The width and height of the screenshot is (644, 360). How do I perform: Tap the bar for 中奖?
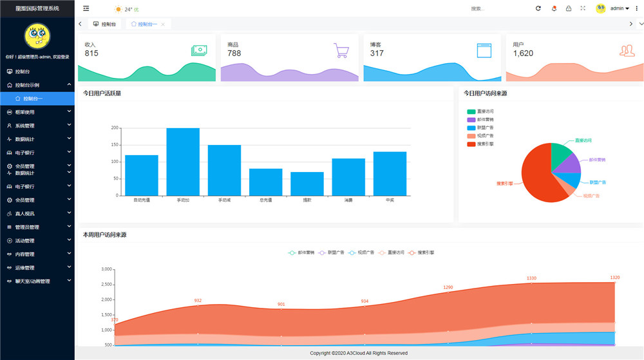coord(390,173)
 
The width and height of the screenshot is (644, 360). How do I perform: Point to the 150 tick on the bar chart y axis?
coord(115,145)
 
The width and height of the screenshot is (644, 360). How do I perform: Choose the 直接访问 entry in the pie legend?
coord(480,111)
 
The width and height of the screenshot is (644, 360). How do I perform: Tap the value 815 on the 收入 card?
coord(91,53)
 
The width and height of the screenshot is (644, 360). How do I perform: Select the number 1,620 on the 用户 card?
coord(523,53)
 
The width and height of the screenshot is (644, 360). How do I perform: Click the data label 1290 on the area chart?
coord(448,287)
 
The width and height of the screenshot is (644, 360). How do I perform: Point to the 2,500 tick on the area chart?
coord(107,284)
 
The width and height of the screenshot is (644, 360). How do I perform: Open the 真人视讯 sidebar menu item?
coord(25,213)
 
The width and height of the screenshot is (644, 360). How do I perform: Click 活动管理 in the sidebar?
coord(25,240)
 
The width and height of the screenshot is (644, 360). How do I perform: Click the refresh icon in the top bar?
coord(538,8)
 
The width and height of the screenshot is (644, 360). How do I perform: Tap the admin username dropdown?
coord(619,8)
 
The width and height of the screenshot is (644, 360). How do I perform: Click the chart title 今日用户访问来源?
coord(485,93)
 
